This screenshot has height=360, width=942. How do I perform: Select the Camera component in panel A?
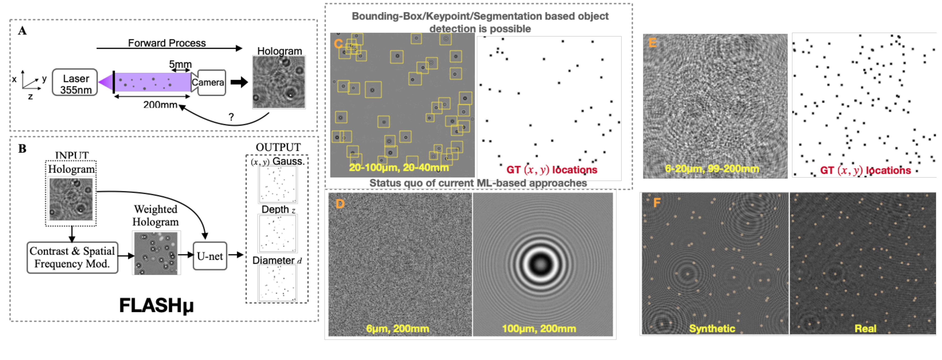pyautogui.click(x=209, y=83)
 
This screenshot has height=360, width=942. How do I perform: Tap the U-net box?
pyautogui.click(x=210, y=256)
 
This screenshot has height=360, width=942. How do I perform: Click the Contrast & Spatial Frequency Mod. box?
pyautogui.click(x=72, y=257)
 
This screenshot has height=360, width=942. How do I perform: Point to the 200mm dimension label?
pyautogui.click(x=160, y=105)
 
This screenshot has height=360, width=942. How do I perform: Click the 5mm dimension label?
pyautogui.click(x=180, y=64)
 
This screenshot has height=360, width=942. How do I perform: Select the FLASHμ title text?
pyautogui.click(x=157, y=305)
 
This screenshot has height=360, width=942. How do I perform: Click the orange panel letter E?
pyautogui.click(x=652, y=43)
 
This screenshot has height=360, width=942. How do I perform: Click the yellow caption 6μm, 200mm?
pyautogui.click(x=398, y=328)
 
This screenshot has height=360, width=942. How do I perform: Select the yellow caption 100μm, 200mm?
pyautogui.click(x=539, y=328)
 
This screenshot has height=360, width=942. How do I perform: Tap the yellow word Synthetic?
pyautogui.click(x=712, y=328)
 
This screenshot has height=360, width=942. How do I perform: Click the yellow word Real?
pyautogui.click(x=865, y=328)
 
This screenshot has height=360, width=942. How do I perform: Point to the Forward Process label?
pyautogui.click(x=167, y=43)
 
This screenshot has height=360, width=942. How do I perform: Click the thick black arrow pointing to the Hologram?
pyautogui.click(x=239, y=82)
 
